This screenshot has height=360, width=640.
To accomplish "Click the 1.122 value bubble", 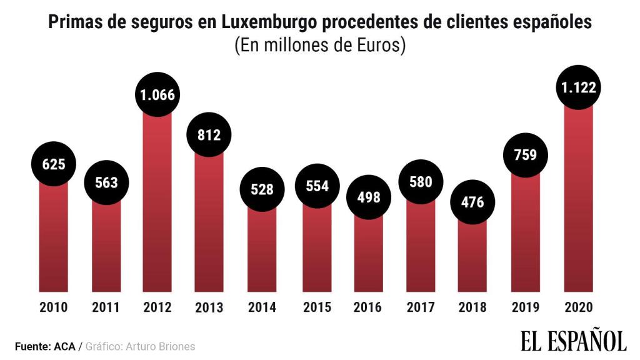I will point(578,89).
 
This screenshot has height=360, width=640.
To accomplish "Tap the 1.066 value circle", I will point(158,95).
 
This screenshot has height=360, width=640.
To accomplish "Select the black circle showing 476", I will point(472,202).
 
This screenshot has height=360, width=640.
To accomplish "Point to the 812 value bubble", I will point(209,134).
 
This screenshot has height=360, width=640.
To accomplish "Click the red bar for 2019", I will point(526,237).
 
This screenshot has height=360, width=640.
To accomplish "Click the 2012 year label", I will point(158,307).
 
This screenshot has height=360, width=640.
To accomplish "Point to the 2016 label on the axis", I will point(368,307).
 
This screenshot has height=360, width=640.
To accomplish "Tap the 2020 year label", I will point(578,307).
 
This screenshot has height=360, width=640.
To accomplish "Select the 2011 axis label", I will point(106,307).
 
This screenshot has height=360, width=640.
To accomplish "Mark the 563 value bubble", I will point(106,182).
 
